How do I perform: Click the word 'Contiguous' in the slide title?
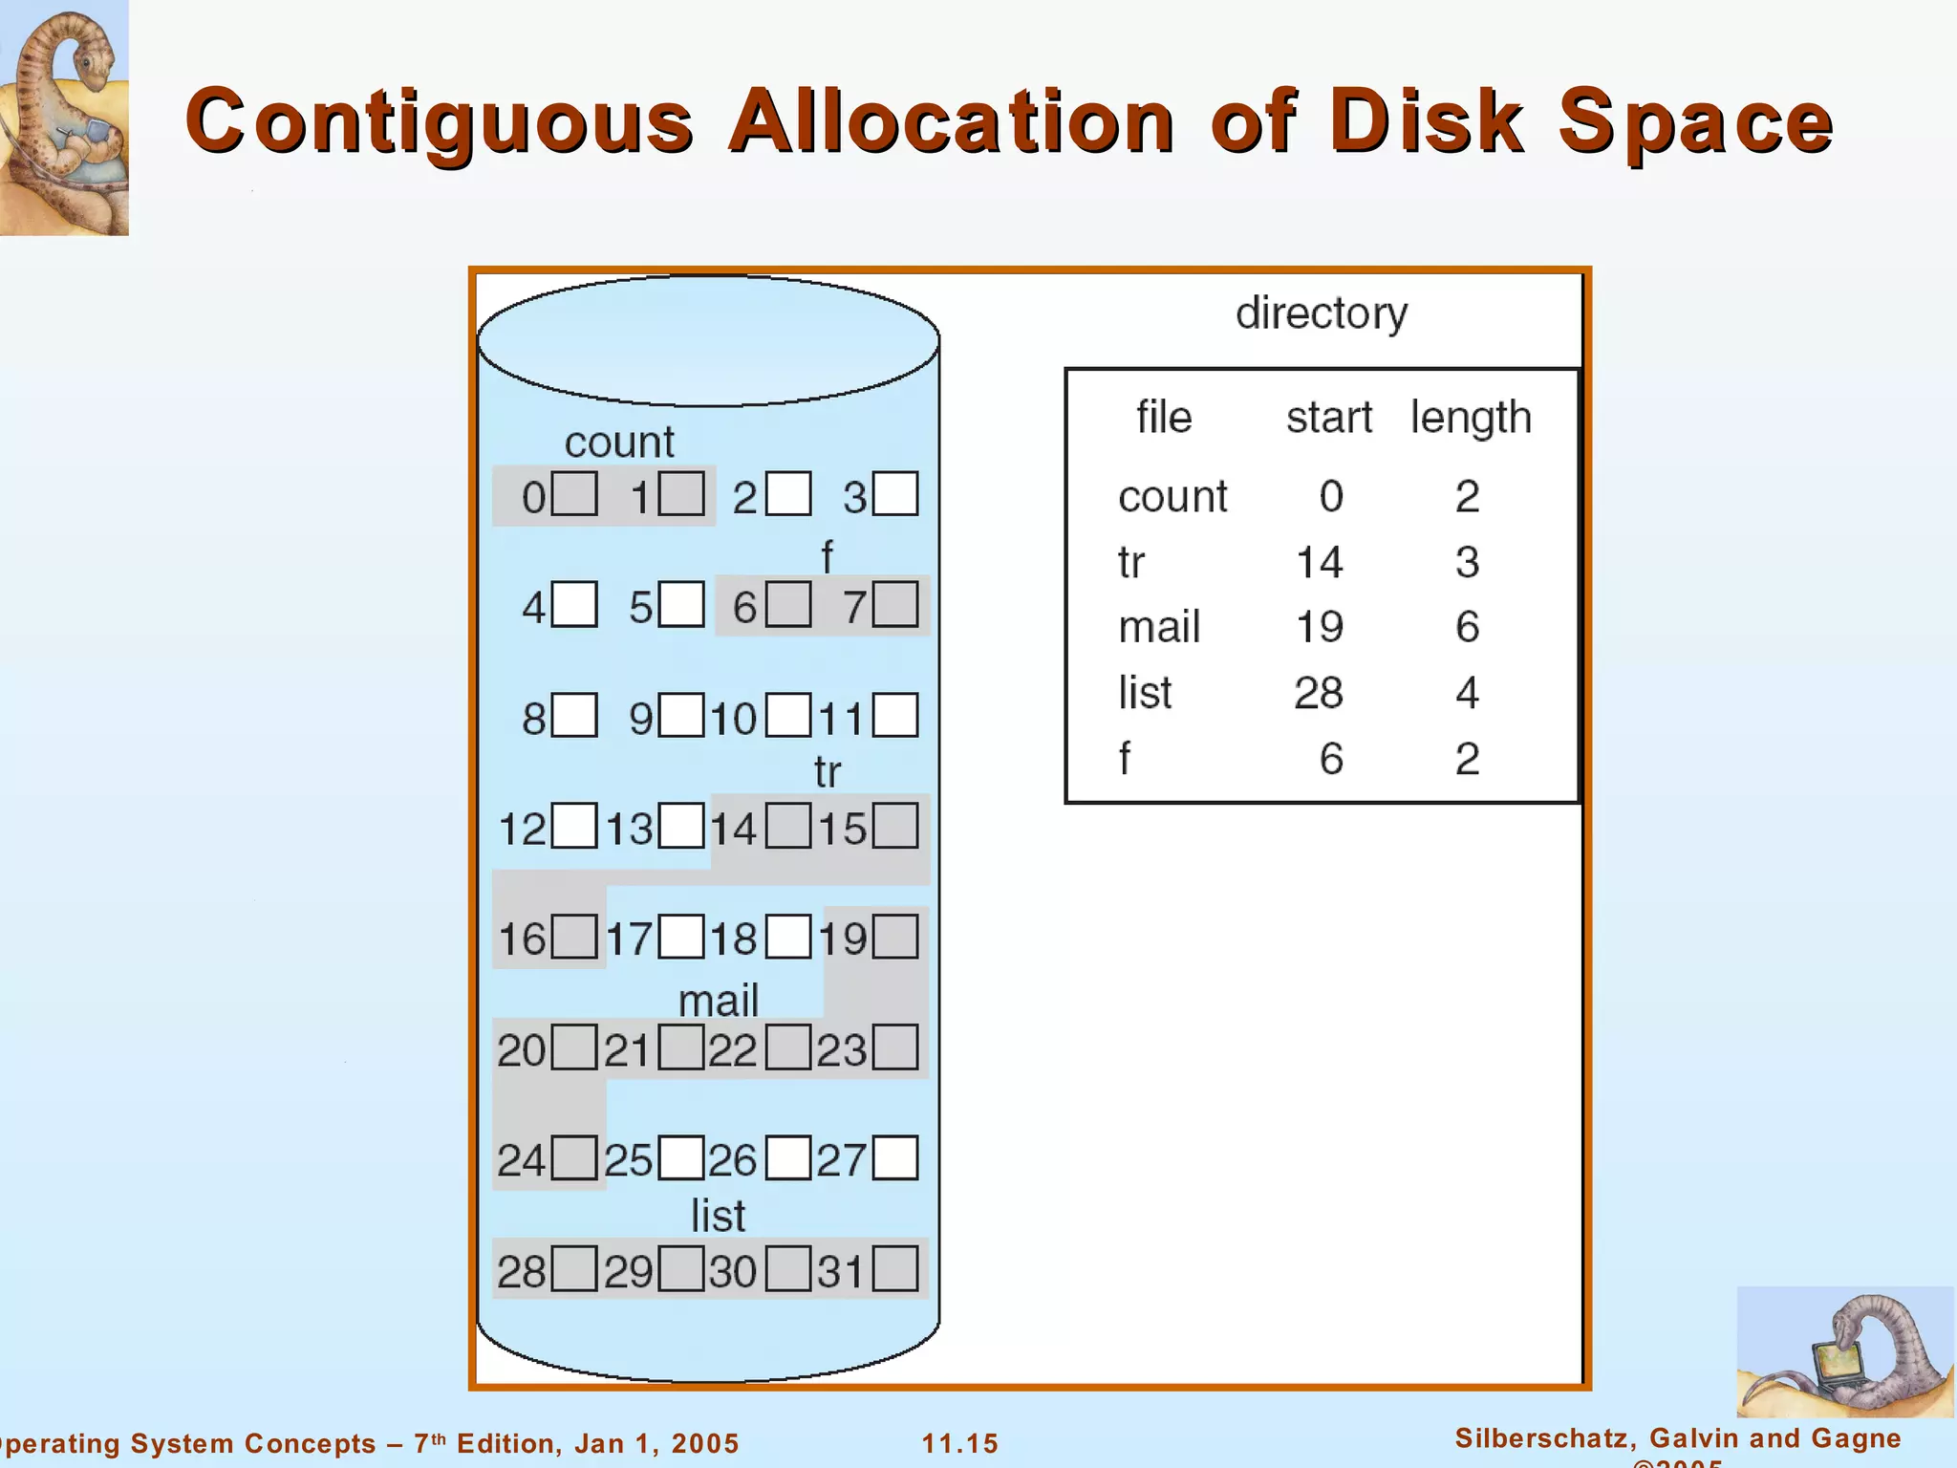440,122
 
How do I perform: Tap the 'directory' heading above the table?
1322,313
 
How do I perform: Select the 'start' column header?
1328,418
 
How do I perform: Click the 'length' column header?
1471,418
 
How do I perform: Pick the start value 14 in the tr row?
1319,562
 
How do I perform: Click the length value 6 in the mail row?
1467,627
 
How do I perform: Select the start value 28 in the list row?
1319,693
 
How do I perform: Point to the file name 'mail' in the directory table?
1159,628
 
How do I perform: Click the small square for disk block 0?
574,493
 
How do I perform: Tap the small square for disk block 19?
895,937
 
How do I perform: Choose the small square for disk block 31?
895,1269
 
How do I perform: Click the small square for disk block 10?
788,715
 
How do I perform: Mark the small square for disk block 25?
681,1158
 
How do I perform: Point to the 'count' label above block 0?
619,443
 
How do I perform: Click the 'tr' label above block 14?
828,772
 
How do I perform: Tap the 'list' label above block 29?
718,1217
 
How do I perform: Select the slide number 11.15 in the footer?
959,1443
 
